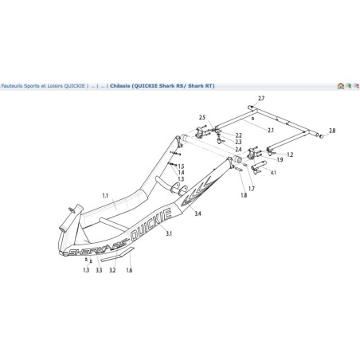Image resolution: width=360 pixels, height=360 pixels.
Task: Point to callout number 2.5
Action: click(x=202, y=117)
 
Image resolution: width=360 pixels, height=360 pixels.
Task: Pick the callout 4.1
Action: click(x=273, y=173)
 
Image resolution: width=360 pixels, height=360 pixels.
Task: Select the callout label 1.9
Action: click(x=280, y=161)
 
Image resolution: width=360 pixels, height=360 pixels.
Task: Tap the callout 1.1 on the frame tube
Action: click(x=105, y=194)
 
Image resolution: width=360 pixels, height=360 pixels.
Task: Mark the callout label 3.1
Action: click(x=169, y=234)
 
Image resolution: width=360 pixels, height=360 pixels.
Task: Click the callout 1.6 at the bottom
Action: click(x=130, y=271)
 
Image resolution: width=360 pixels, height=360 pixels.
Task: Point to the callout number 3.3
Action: click(x=99, y=271)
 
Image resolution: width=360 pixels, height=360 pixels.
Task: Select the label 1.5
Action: click(x=181, y=166)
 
